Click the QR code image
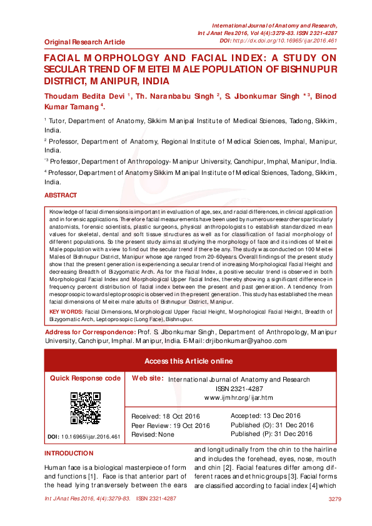(85, 408)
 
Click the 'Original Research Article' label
(84, 42)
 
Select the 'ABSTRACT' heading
(61, 196)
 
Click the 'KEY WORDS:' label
(66, 293)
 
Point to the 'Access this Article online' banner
(188, 361)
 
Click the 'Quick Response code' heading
(85, 378)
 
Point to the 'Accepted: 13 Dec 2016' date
(266, 416)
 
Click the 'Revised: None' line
(153, 434)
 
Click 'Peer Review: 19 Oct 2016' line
(170, 425)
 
